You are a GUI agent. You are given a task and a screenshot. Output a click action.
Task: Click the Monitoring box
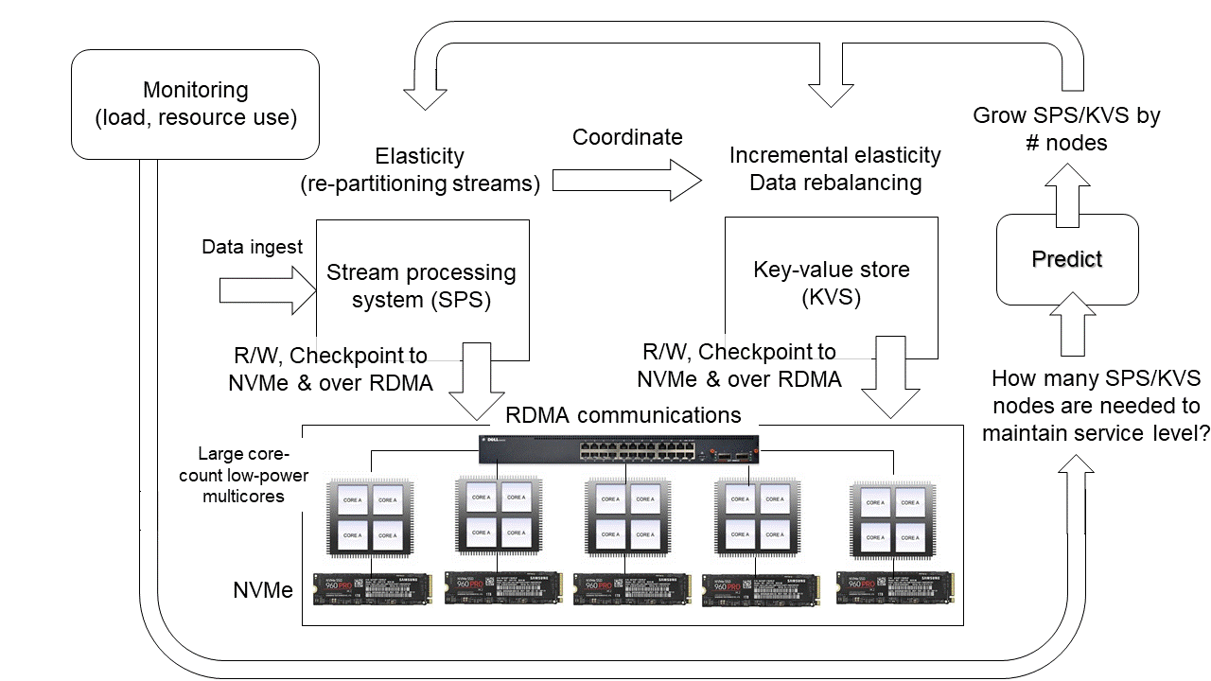[x=196, y=104]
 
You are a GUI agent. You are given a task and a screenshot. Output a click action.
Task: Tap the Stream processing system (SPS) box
[x=421, y=287]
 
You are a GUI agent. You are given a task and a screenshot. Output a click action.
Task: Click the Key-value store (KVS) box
[x=831, y=284]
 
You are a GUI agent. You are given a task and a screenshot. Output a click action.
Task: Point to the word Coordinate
[x=627, y=137]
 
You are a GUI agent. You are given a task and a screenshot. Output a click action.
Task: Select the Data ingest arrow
[x=267, y=288]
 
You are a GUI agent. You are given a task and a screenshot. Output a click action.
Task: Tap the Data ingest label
[x=253, y=247]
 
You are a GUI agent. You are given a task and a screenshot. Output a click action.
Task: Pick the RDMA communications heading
[x=623, y=415]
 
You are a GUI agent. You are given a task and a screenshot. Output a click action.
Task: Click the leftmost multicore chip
[x=370, y=519]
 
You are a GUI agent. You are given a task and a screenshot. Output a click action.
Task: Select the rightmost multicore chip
[x=892, y=520]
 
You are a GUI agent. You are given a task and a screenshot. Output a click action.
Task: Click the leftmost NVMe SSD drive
[x=371, y=589]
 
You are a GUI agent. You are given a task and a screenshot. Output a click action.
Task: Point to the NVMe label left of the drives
[x=262, y=591]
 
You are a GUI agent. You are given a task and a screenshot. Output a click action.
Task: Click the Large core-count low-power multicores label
[x=243, y=475]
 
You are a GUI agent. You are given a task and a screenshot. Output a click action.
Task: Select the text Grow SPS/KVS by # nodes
[x=1067, y=130]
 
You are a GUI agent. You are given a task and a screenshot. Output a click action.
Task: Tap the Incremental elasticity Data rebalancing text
[x=834, y=168]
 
